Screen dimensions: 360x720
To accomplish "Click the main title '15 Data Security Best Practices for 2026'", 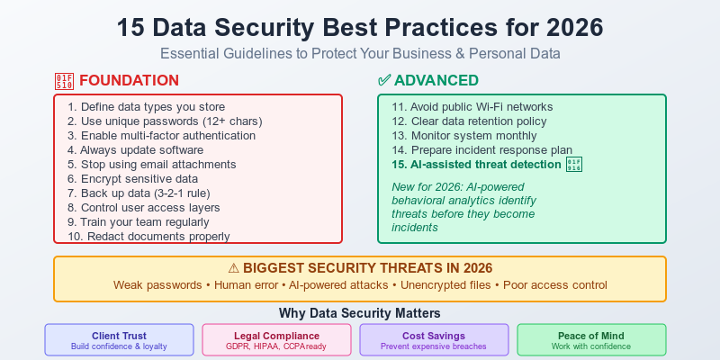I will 360,26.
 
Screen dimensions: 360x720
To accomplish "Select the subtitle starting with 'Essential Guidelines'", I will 360,53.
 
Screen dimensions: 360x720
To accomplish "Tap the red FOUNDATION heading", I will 128,80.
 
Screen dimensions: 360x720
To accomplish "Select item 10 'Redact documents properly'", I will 148,236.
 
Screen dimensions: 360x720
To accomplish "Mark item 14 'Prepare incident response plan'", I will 481,149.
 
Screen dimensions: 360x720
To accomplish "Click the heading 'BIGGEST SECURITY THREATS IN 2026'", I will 360,267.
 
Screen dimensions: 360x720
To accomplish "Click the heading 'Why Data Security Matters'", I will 360,313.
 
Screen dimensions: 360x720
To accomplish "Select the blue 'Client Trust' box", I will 119,339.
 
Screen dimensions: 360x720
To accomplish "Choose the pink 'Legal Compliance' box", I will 276,339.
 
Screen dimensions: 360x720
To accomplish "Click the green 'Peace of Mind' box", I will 591,339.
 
